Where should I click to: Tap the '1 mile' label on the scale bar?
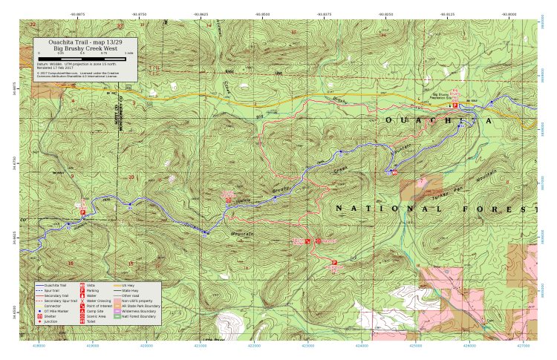tap(129, 54)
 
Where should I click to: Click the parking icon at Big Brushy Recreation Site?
tap(455, 105)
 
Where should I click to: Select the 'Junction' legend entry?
tap(51, 321)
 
